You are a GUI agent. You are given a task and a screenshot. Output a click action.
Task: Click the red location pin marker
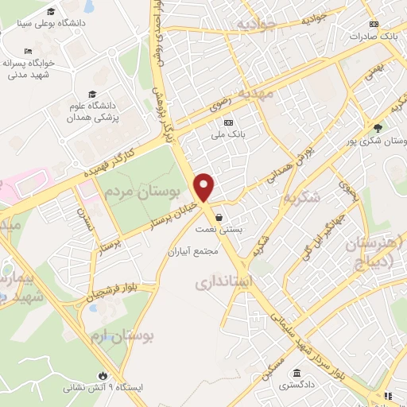[x=205, y=187]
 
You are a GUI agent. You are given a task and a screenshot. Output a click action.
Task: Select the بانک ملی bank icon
[x=228, y=122]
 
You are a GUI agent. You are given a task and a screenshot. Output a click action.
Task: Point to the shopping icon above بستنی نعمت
[x=219, y=216]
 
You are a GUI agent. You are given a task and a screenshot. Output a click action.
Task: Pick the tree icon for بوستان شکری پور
[x=378, y=128]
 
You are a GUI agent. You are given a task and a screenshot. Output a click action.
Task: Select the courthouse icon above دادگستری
[x=297, y=374]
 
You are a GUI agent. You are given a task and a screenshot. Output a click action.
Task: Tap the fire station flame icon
[x=102, y=375]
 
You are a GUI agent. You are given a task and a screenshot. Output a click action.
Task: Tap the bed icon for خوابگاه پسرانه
[x=29, y=52]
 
